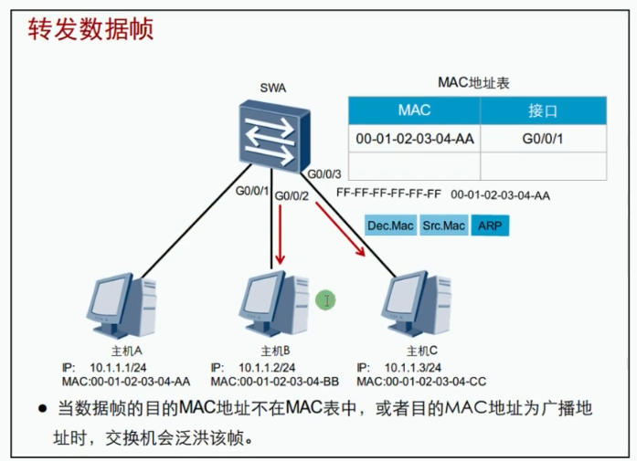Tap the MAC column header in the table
414,111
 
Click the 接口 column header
543,111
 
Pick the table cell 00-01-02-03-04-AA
414,139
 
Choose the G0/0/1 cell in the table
543,139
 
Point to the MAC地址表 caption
473,82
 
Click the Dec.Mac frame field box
390,225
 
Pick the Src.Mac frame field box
443,225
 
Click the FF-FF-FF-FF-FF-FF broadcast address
388,194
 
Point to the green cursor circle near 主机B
325,299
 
